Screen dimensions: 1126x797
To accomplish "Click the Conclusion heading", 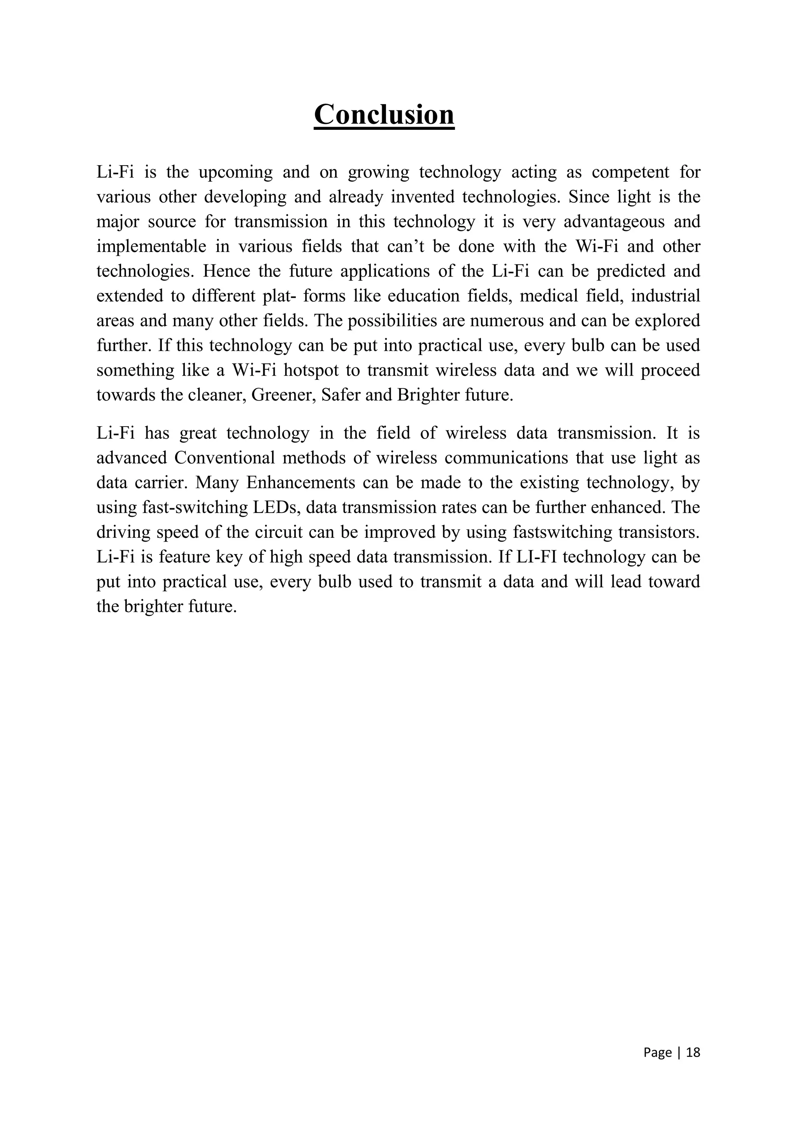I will point(384,114).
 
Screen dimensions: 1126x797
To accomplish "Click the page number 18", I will point(693,1053).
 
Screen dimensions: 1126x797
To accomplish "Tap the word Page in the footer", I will point(657,1053).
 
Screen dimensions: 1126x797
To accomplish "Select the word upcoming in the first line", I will point(235,173).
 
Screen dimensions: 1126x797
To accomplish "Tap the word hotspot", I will point(310,370).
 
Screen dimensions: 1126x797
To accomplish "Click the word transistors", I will point(660,532).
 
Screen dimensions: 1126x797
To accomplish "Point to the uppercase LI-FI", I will point(539,557).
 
